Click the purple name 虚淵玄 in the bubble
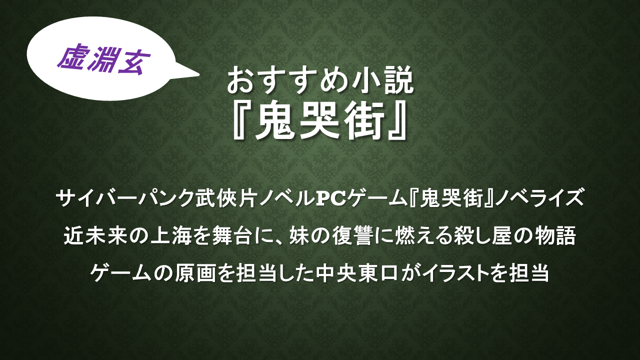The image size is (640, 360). (x=104, y=60)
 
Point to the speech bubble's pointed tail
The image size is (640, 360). (x=198, y=75)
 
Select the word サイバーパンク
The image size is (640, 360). (x=125, y=198)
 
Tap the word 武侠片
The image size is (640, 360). (x=225, y=198)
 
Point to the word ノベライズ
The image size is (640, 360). (x=538, y=198)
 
